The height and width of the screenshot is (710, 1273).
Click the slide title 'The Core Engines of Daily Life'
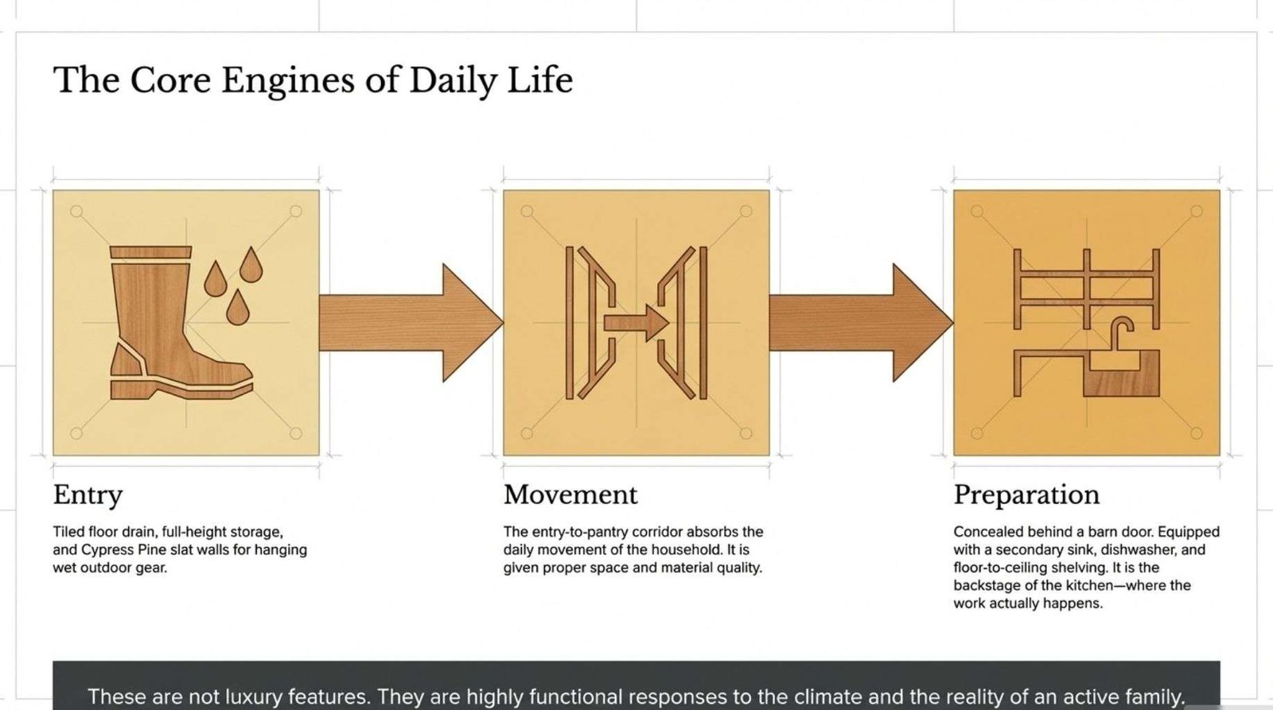[313, 80]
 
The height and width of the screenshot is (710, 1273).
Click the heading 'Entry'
[88, 495]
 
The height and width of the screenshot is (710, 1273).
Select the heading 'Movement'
[570, 495]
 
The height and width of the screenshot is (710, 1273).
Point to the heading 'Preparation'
[1026, 495]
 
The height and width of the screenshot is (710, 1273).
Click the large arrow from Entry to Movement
[411, 323]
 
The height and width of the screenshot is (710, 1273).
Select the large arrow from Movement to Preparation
[861, 323]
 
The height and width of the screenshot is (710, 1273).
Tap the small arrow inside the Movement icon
[636, 323]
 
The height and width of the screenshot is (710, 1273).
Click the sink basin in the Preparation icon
[1121, 374]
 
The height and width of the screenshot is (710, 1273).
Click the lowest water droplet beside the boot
[238, 308]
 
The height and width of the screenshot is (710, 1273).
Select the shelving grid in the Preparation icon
[1087, 289]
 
